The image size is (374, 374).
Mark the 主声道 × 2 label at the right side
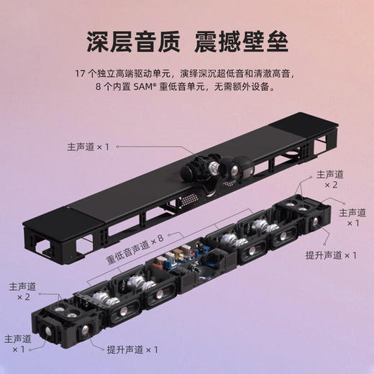[330, 179]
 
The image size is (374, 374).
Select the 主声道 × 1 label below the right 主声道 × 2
[352, 217]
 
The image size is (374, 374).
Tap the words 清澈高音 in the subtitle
[275, 72]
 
